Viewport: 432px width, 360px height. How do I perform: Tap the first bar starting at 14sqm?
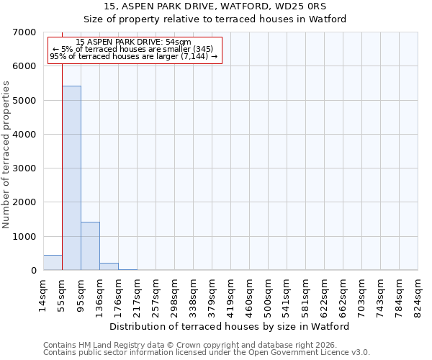click(53, 263)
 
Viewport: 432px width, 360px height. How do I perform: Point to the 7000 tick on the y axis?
click(26, 32)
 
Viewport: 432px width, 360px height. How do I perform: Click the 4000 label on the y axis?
click(26, 135)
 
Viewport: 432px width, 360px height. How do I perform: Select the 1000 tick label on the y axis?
click(26, 237)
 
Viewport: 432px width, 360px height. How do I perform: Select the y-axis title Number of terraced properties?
click(6, 155)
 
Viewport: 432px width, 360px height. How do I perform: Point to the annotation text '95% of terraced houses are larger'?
click(134, 56)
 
